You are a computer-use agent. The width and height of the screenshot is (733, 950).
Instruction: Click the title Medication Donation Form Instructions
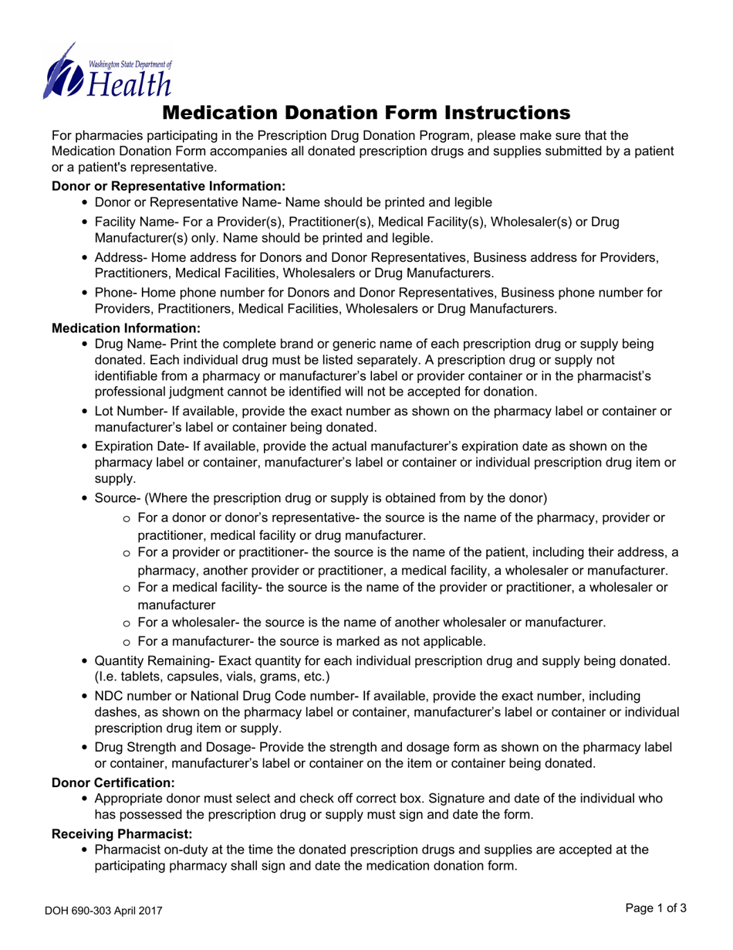pyautogui.click(x=366, y=113)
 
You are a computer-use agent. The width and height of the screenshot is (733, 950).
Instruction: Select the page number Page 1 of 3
pyautogui.click(x=656, y=909)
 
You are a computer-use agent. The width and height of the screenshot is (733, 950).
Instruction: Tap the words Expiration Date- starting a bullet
pyautogui.click(x=137, y=446)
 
